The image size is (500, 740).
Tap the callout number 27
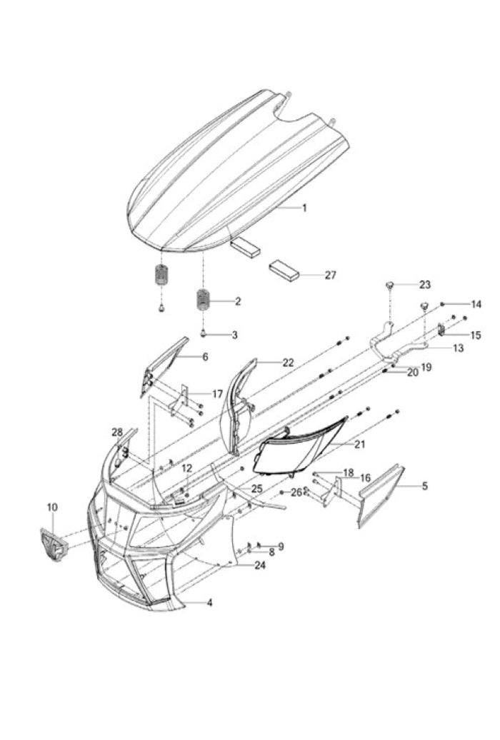pos(330,275)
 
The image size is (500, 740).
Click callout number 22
pos(287,363)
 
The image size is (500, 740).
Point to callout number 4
pos(209,603)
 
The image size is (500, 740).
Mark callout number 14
pos(476,304)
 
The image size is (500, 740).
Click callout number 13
pos(458,348)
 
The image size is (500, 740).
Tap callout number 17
pos(217,394)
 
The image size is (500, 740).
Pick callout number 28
pos(117,432)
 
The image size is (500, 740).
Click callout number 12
pos(186,468)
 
